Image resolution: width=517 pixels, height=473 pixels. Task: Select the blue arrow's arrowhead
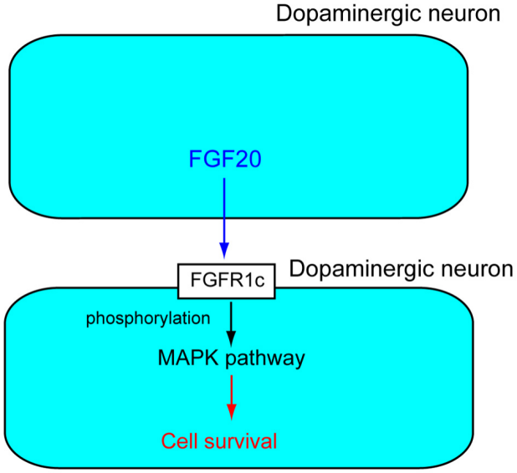223,250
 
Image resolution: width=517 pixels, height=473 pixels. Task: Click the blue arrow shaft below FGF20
223,209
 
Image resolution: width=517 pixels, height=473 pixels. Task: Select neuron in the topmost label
464,14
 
